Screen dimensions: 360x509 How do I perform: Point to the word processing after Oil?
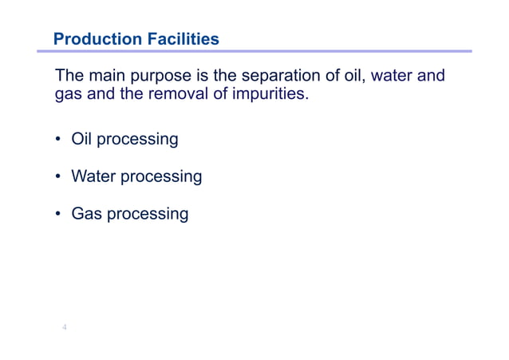click(136, 140)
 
